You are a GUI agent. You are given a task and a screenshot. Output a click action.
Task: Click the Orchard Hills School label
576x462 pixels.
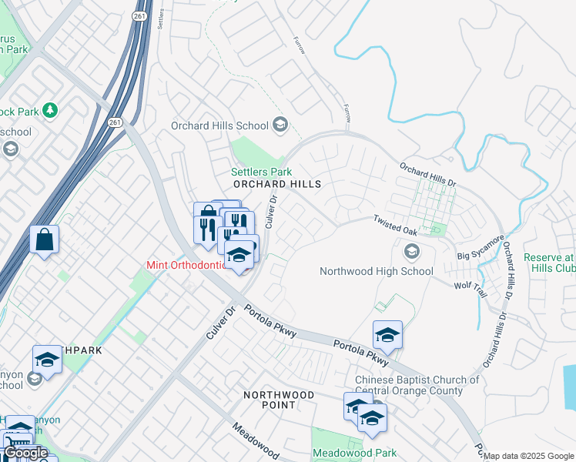(x=219, y=126)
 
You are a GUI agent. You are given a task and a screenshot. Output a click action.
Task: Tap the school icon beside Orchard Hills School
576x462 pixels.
(x=280, y=125)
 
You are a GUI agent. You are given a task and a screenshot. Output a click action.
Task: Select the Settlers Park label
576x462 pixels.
(x=262, y=172)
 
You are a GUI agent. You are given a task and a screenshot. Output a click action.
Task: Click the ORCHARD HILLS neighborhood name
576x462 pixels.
(x=276, y=185)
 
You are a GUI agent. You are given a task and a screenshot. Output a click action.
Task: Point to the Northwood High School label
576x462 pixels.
(x=377, y=271)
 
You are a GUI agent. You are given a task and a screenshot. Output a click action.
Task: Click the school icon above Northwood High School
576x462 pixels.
(x=412, y=251)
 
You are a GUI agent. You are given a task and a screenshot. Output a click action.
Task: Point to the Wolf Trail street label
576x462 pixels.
(x=471, y=285)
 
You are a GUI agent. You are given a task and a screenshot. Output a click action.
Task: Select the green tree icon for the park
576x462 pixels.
(x=51, y=111)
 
